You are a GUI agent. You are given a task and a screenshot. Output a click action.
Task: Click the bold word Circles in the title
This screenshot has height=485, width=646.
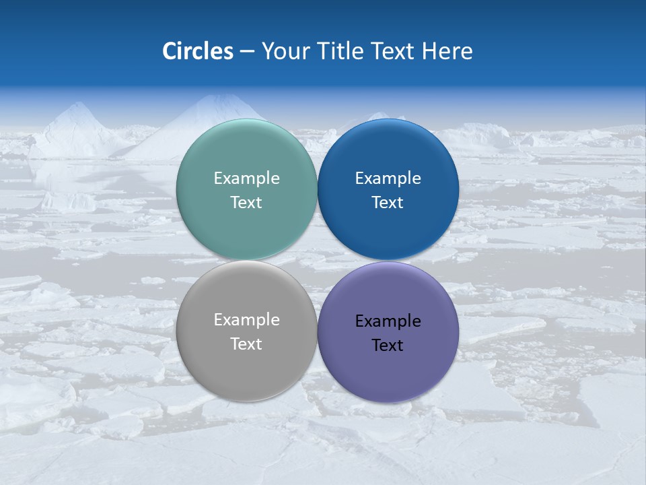click(x=198, y=51)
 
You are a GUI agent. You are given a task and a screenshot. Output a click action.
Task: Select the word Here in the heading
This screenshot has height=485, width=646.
click(x=447, y=51)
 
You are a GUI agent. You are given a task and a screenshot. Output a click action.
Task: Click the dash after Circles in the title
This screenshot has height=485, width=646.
click(x=247, y=52)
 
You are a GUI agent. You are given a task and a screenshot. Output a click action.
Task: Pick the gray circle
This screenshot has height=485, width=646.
click(x=246, y=364)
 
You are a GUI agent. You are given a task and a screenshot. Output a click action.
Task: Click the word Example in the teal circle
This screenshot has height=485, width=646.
click(x=246, y=179)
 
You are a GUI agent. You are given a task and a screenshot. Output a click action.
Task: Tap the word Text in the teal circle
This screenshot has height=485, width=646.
click(x=246, y=203)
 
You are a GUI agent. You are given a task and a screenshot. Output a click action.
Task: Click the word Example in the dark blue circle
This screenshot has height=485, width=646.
click(x=388, y=179)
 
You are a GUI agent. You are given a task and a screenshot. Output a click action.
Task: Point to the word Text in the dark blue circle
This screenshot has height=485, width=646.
click(x=388, y=203)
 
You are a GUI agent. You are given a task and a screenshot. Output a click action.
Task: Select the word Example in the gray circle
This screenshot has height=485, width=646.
click(x=246, y=320)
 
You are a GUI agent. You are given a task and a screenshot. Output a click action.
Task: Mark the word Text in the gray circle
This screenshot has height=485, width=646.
click(x=246, y=344)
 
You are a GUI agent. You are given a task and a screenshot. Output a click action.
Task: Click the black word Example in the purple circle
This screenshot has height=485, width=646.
click(x=388, y=321)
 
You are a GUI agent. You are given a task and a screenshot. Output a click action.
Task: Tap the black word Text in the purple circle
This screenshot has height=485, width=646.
click(x=388, y=346)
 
